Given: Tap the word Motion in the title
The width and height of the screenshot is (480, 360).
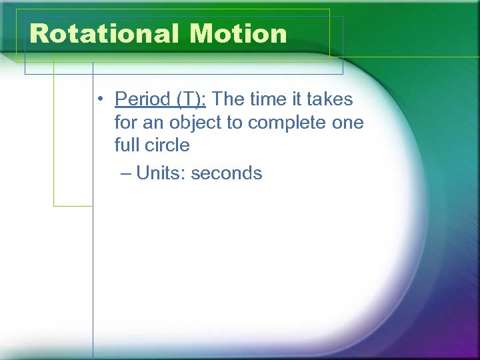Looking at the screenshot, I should tap(238, 33).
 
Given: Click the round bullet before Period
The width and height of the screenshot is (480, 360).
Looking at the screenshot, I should tap(98, 101).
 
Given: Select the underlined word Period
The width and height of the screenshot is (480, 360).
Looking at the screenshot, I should tap(143, 100).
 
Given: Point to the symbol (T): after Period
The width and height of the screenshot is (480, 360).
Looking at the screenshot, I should tap(191, 100).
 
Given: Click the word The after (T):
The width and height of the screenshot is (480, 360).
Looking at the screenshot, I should tap(229, 100).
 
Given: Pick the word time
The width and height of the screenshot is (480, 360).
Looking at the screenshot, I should tap(271, 100).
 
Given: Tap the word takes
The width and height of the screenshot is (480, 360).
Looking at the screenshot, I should tap(329, 100).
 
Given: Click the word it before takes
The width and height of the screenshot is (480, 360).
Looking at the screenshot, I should tap(299, 100).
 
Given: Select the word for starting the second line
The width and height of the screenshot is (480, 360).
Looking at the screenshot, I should tap(125, 123).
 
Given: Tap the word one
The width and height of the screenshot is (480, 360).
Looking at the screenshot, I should tap(349, 123).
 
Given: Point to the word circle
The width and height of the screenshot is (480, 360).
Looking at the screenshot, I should tap(166, 145).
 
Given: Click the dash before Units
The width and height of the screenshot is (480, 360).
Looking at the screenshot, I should tap(127, 173).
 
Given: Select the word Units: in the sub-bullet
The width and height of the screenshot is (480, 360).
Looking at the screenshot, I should tap(161, 173).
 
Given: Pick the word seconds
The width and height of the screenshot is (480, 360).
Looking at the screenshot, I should tap(227, 173).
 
